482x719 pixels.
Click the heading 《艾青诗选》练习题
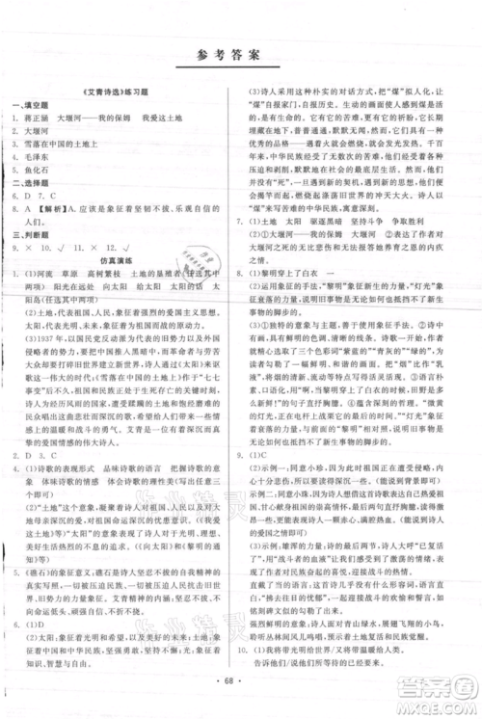(x=120, y=100)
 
